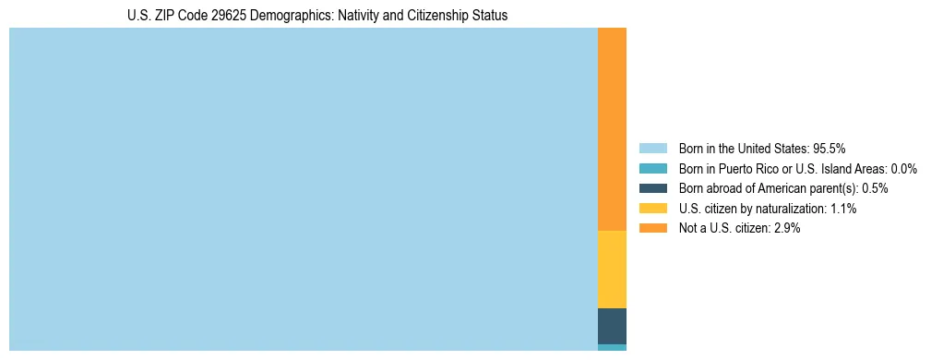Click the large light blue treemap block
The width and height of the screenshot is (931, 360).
303,189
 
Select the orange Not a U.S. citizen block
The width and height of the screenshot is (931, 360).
612,129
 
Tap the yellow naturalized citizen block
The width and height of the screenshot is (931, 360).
612,269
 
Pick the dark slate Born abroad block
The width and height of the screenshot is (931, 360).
612,326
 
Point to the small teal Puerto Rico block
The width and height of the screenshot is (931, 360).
612,347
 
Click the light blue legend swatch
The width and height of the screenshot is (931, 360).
652,148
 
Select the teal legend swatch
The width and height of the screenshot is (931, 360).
652,168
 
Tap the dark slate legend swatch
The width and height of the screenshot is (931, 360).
652,188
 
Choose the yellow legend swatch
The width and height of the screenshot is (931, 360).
652,209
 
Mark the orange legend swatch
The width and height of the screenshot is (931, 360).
652,229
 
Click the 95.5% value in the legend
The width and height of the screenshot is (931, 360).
830,148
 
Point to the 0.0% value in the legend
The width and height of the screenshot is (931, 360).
903,168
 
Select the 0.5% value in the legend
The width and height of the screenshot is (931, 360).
876,188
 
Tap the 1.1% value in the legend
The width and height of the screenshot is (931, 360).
843,209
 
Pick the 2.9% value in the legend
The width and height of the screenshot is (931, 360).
787,229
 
